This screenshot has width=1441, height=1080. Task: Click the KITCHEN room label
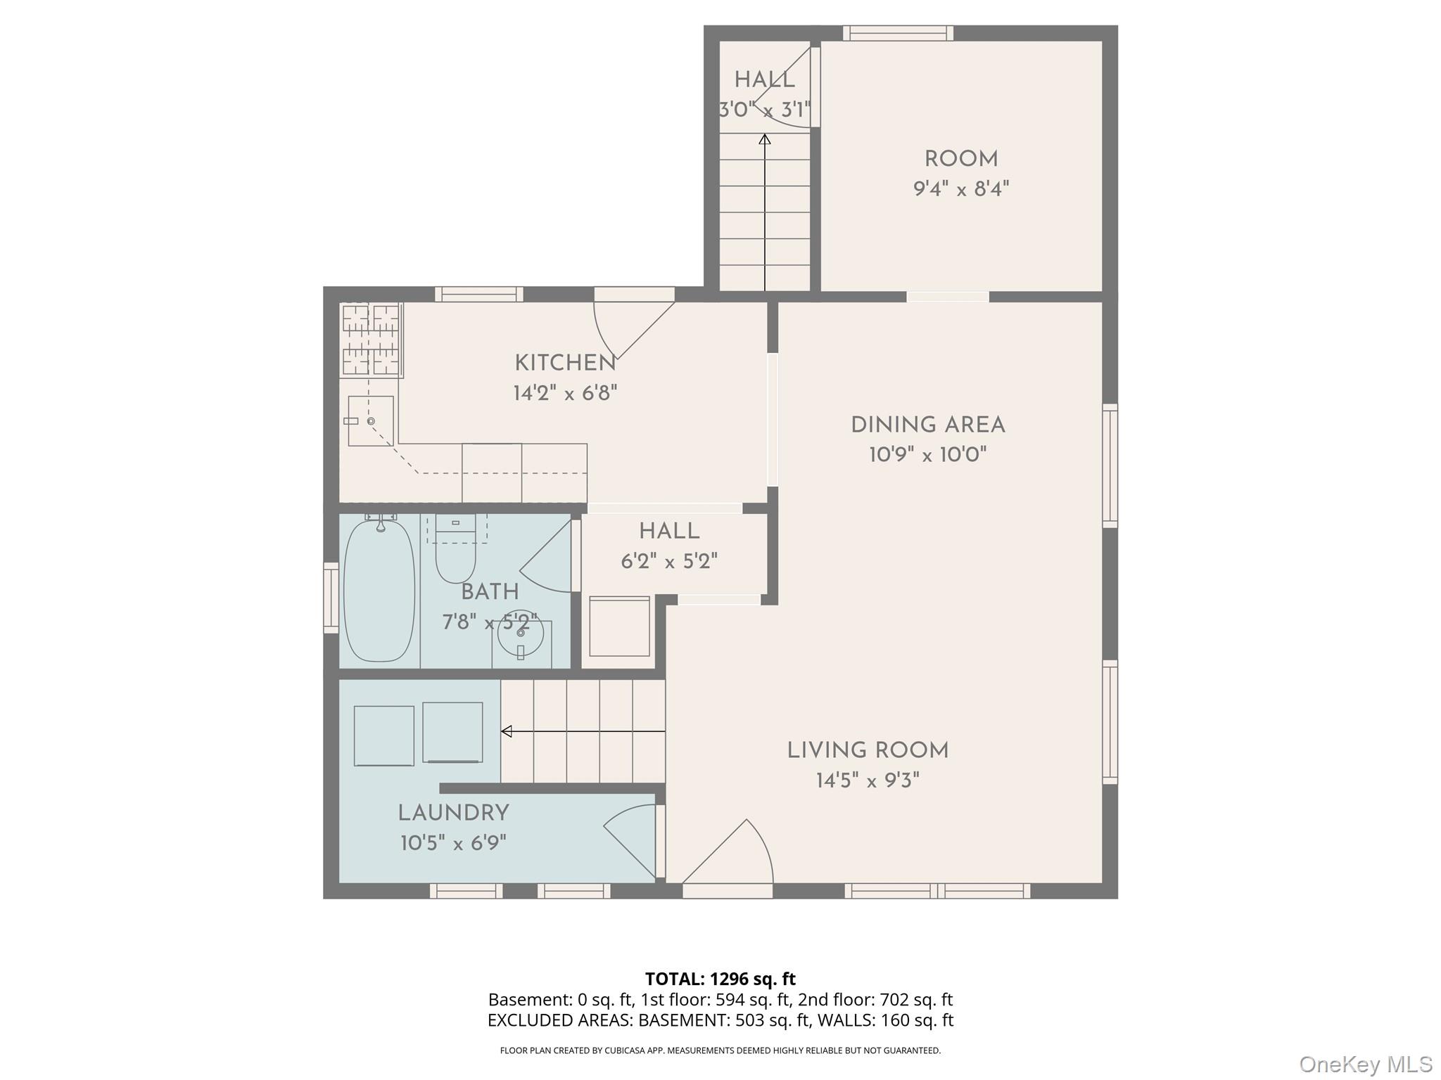point(565,364)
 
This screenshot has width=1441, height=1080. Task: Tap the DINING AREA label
point(927,425)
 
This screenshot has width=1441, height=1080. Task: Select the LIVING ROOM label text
point(868,751)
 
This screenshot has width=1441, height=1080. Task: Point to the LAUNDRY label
point(453,814)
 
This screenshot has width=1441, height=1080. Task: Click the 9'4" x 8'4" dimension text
point(961,189)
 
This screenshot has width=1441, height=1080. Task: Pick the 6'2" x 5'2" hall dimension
point(669,562)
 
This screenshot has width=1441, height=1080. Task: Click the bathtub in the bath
point(379,591)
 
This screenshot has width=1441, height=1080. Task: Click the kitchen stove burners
point(371,340)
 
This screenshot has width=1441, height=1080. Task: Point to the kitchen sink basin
point(371,421)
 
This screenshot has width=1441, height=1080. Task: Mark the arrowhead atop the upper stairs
point(765,139)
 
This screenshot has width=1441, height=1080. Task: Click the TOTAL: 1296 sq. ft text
point(720,979)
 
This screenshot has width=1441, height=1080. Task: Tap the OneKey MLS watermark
point(1365,1065)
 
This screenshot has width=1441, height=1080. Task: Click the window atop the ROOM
point(898,33)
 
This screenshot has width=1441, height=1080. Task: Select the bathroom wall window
point(331,597)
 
